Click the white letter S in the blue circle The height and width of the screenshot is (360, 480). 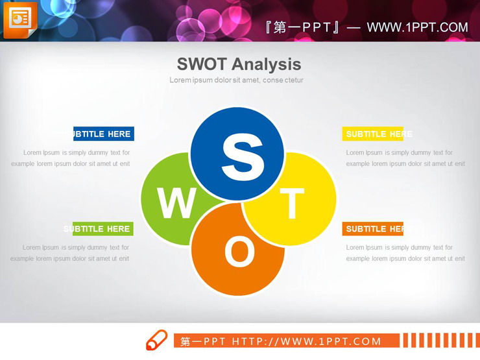[x=243, y=156]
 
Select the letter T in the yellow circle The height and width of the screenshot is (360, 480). [x=291, y=203]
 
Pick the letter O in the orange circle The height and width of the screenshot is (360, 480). [x=239, y=252]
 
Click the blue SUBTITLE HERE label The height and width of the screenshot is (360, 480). [x=103, y=134]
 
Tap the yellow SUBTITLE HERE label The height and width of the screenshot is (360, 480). [x=373, y=134]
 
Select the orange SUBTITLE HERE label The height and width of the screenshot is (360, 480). [x=373, y=229]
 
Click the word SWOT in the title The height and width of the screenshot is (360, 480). [x=201, y=64]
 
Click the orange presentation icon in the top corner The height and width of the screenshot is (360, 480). [x=20, y=19]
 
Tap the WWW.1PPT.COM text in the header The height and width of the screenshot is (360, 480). [x=417, y=27]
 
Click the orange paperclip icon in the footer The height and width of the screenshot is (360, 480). [x=156, y=341]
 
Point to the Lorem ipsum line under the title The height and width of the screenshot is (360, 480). [x=236, y=80]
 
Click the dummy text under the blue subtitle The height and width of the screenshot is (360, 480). [x=71, y=158]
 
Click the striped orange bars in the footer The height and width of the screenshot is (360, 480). [x=437, y=341]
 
